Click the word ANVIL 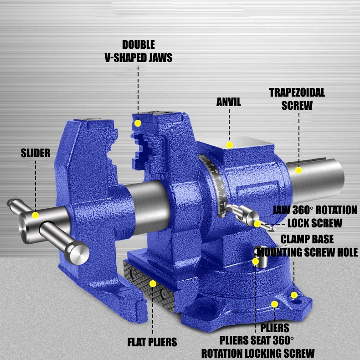(x=229, y=102)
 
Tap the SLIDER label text (x=36, y=153)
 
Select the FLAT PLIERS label (x=152, y=342)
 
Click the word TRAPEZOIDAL (x=297, y=93)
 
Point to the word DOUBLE (x=139, y=45)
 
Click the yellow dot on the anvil (x=229, y=145)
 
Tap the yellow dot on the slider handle (x=36, y=216)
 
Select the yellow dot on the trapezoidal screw (x=298, y=170)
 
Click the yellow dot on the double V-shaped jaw (x=138, y=123)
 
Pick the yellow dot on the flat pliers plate (x=153, y=283)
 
